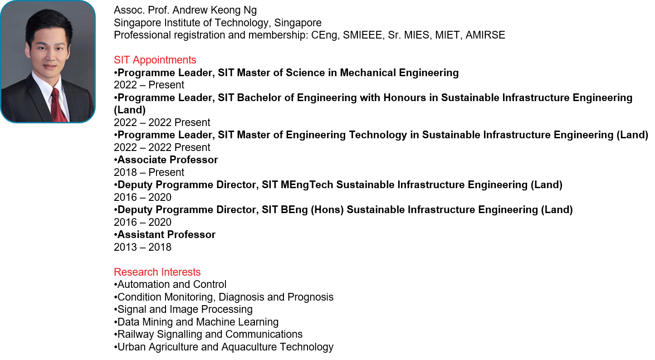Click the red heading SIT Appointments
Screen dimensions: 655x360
(x=155, y=60)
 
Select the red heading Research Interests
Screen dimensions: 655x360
(x=157, y=272)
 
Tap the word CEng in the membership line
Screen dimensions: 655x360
(x=325, y=35)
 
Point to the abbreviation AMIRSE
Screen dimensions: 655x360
(x=485, y=35)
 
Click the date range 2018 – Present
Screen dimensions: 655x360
(x=149, y=172)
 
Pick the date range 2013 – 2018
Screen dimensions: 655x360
(x=142, y=247)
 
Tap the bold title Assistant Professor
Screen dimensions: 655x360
(x=166, y=235)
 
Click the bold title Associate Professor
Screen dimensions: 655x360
(x=167, y=160)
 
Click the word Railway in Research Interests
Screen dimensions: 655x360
(x=136, y=335)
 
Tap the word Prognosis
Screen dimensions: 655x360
(x=310, y=297)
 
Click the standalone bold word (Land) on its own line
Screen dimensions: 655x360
(x=130, y=110)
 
